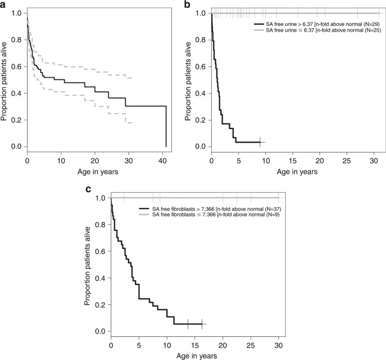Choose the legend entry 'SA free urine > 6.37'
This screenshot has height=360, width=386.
click(x=318, y=25)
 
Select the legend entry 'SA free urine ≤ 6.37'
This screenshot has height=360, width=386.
click(x=318, y=30)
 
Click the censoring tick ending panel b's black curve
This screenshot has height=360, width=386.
click(x=260, y=142)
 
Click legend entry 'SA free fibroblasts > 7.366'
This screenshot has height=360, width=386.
click(x=211, y=208)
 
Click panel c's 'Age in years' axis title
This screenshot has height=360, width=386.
click(x=194, y=356)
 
